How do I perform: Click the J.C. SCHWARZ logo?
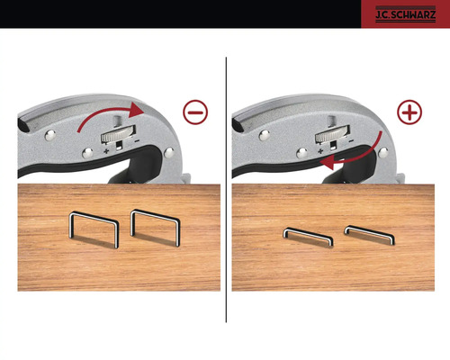(x=405, y=14)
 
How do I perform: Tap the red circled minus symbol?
(x=195, y=112)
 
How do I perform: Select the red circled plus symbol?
(x=409, y=112)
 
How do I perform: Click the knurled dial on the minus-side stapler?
(x=118, y=135)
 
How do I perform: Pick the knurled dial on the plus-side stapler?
(x=332, y=135)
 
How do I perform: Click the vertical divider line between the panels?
(x=226, y=190)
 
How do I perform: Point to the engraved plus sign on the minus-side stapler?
(x=106, y=150)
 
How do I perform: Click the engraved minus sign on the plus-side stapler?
(x=351, y=140)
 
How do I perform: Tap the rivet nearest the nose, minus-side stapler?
(x=169, y=152)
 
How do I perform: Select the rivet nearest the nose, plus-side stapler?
(x=383, y=152)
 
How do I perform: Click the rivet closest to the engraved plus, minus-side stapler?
(x=87, y=153)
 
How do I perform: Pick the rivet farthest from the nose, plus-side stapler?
(x=264, y=135)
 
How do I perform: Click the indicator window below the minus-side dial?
(x=120, y=146)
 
